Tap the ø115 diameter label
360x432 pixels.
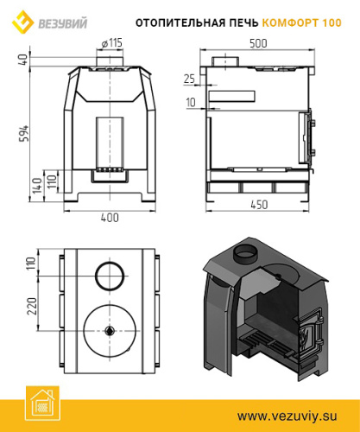(x=111, y=43)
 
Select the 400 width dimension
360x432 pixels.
(x=110, y=218)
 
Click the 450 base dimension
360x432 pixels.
(x=258, y=205)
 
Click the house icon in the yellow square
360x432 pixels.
(x=41, y=407)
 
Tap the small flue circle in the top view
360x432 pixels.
(x=110, y=276)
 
